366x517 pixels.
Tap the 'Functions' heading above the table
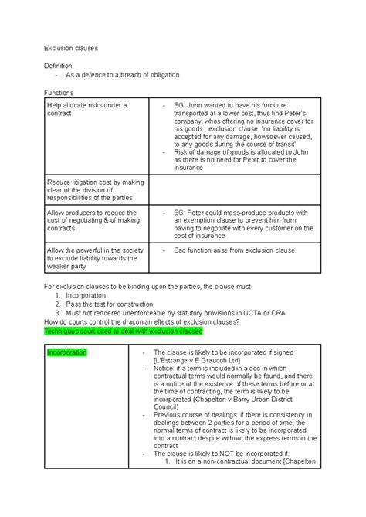point(59,91)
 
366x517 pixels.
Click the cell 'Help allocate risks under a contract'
point(85,109)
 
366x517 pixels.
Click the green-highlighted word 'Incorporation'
point(67,353)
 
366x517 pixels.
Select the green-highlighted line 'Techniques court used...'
point(123,331)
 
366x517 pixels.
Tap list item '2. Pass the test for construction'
point(108,304)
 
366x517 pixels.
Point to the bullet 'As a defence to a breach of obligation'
point(123,75)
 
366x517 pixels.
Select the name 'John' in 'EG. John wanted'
point(198,104)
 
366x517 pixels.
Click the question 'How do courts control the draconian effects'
point(147,322)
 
